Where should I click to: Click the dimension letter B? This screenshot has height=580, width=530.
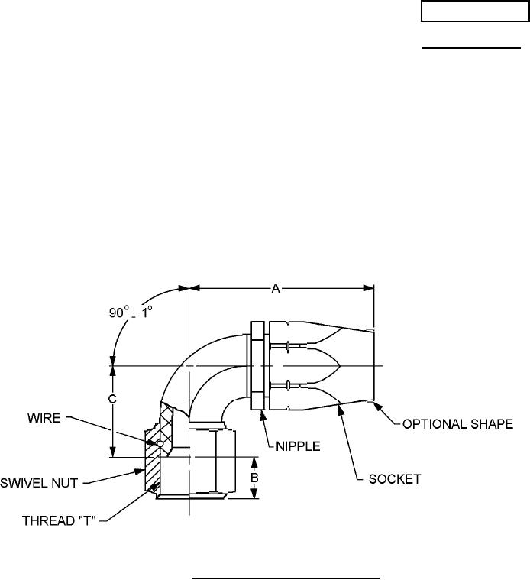(255, 478)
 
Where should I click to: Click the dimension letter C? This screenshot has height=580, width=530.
(112, 399)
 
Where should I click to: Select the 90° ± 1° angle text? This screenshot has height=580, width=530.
(130, 313)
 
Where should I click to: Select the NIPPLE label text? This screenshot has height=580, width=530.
(293, 443)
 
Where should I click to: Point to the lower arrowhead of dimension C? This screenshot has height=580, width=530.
(112, 453)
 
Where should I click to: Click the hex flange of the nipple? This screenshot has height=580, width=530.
(257, 365)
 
